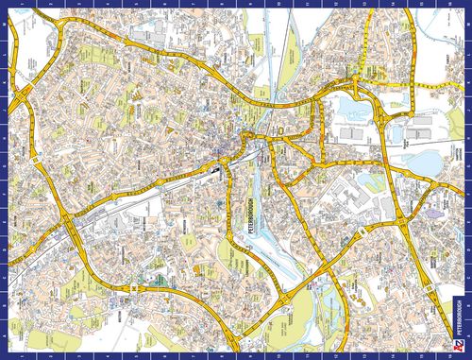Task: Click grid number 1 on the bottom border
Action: coord(21,355)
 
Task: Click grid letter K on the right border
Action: coord(467,71)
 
